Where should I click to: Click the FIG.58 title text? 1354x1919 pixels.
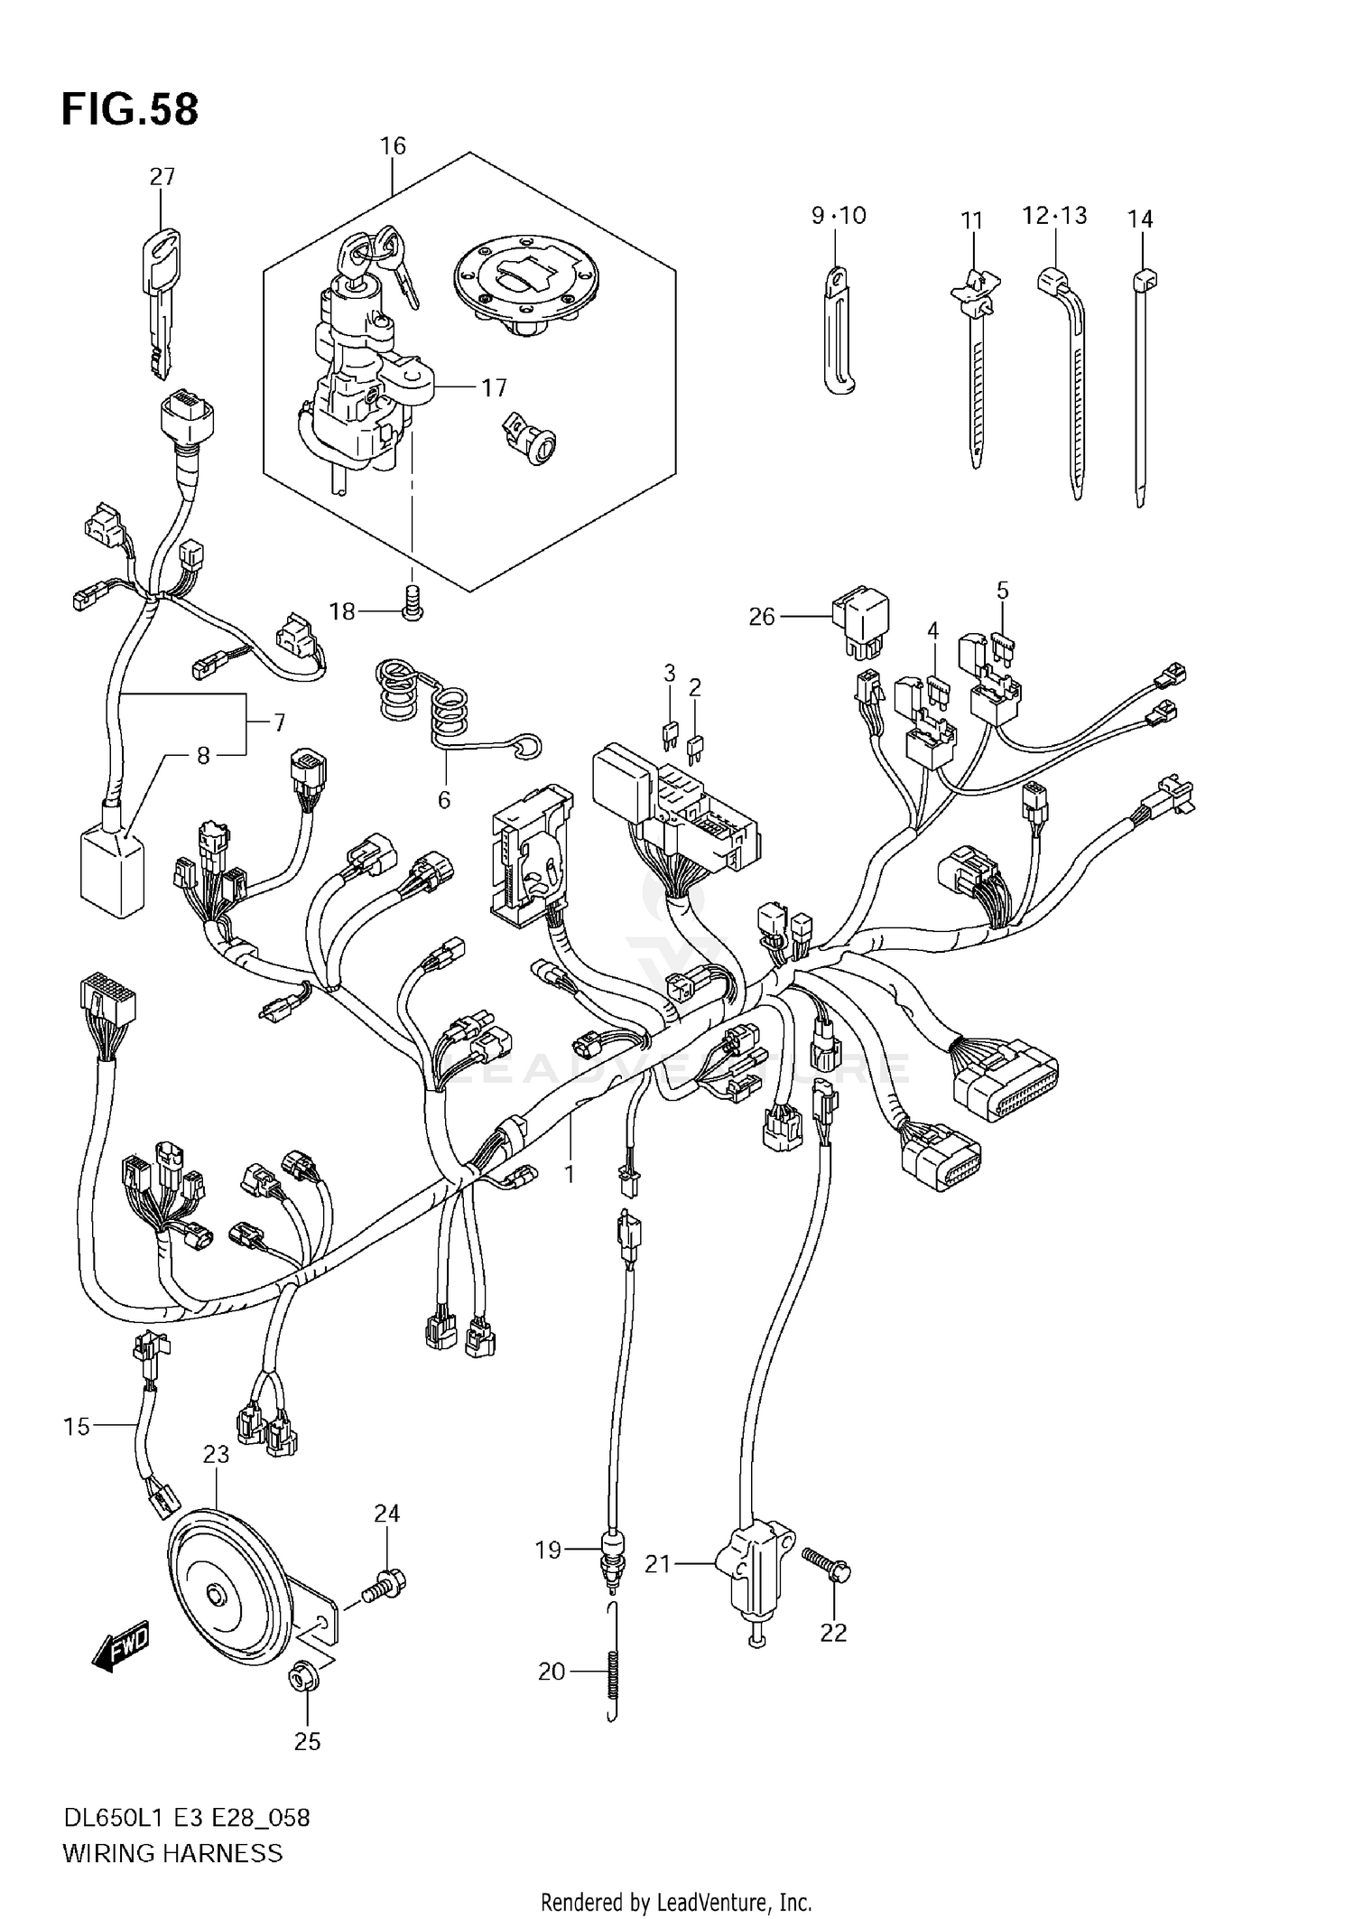tap(130, 109)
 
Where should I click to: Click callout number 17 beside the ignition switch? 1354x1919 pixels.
tap(494, 388)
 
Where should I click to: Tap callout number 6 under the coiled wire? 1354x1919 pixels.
tap(443, 799)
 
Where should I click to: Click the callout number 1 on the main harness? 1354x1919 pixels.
tap(569, 1173)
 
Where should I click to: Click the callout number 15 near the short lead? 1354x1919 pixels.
tap(77, 1426)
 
